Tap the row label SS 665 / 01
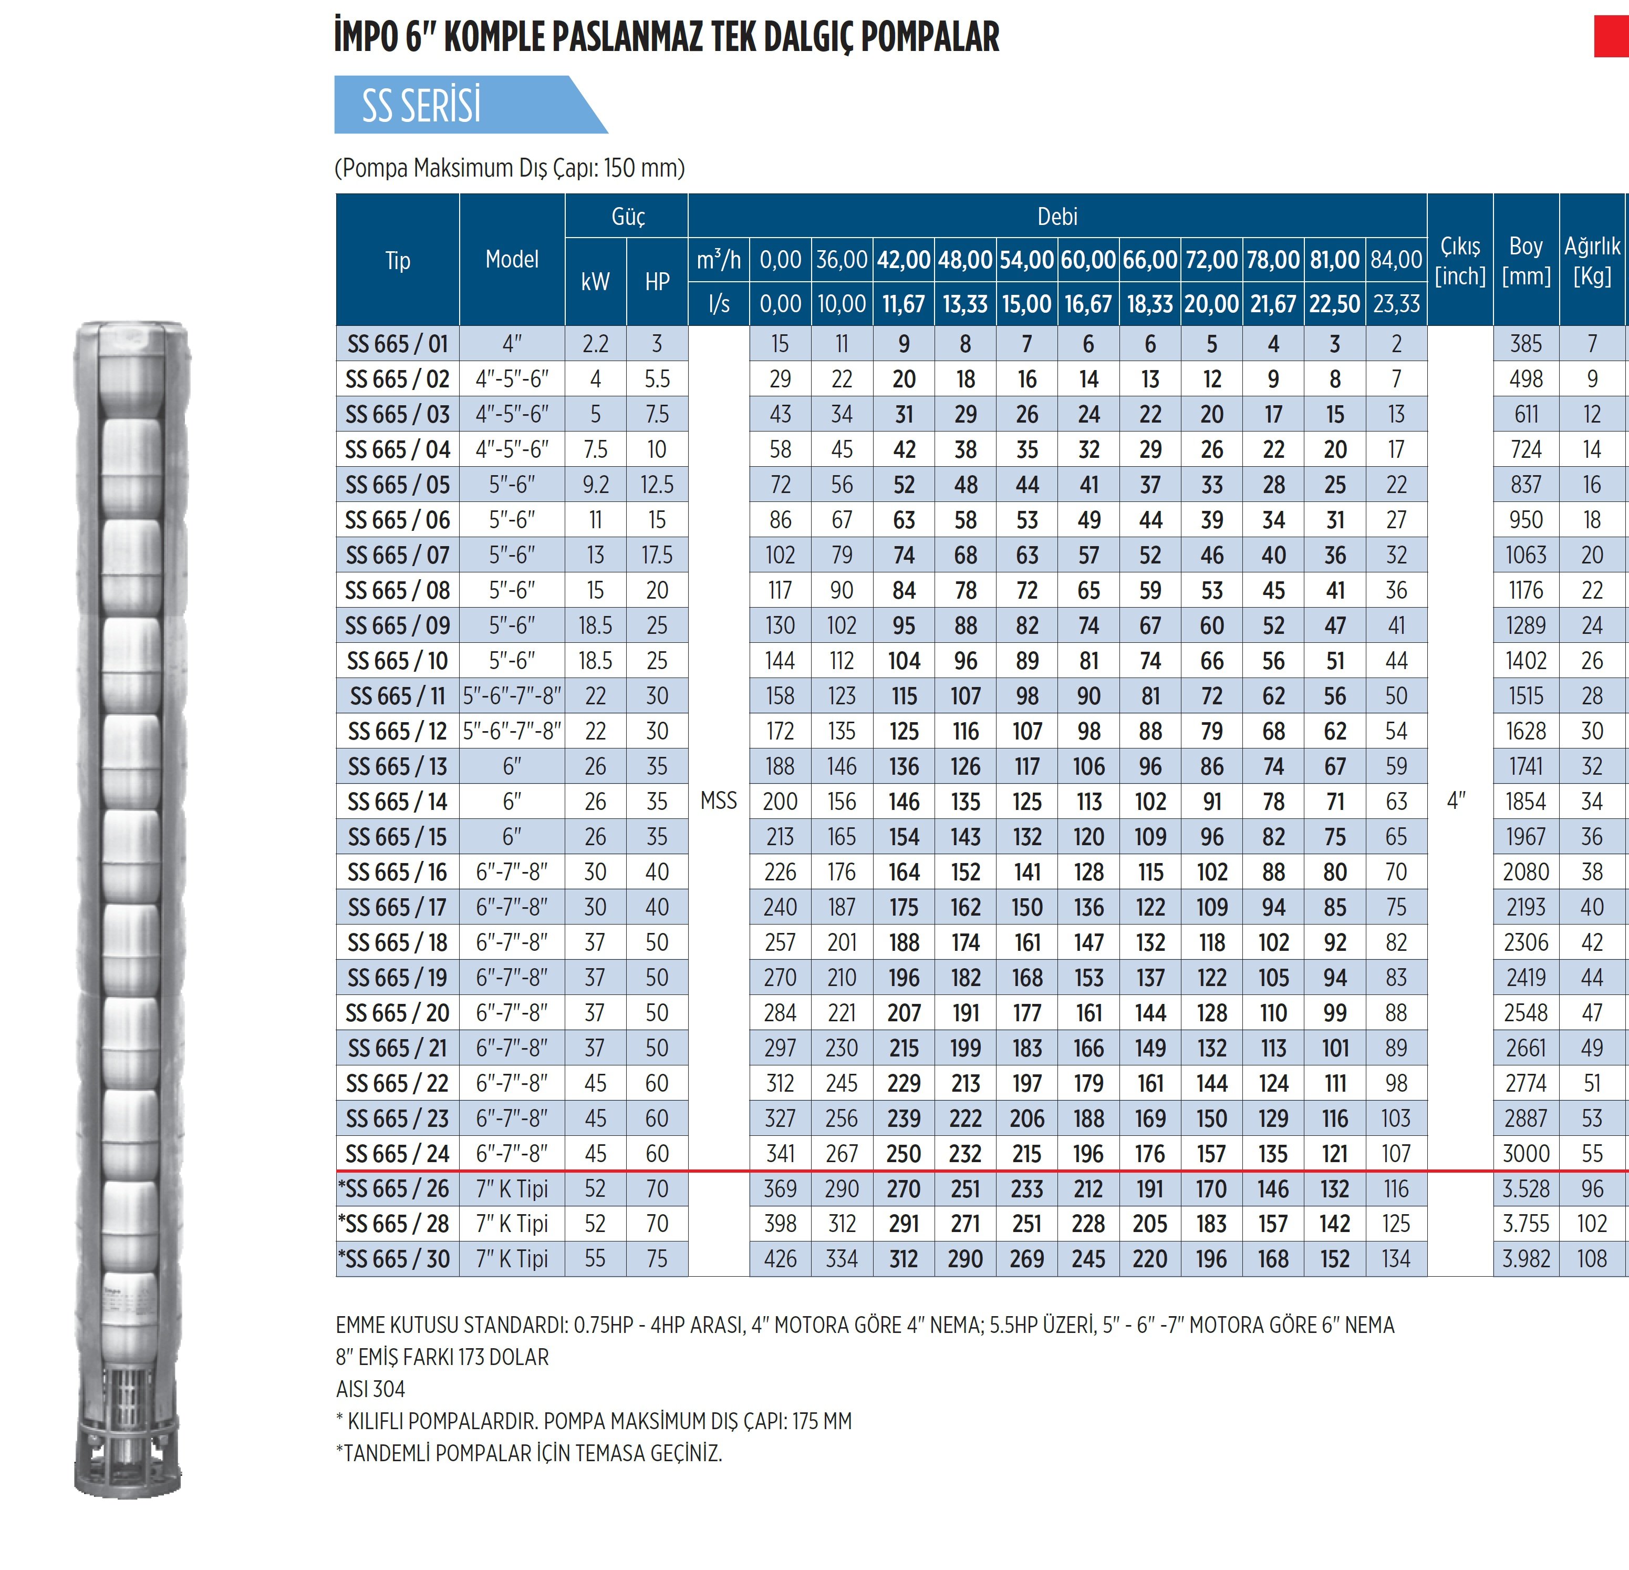(397, 343)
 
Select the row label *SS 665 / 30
(394, 1258)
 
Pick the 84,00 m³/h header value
(1396, 260)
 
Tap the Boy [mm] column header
(1526, 260)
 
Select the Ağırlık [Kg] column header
(1592, 260)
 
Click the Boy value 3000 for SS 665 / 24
(1526, 1153)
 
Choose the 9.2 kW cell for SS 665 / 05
(595, 484)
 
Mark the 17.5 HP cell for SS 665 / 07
(657, 555)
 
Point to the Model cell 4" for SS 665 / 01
(512, 343)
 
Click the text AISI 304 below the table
(371, 1389)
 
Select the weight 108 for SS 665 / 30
(1592, 1259)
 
